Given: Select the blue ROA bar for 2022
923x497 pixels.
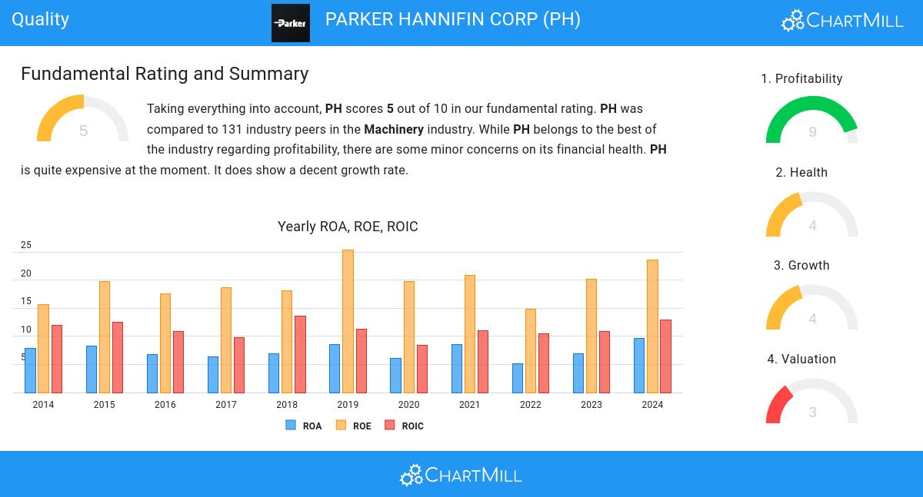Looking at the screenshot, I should pos(518,378).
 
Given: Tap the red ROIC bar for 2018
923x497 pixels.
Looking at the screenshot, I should pos(300,354).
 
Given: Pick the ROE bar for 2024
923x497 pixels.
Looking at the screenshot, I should pos(652,326).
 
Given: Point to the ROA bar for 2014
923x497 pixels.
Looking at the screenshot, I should pos(30,370).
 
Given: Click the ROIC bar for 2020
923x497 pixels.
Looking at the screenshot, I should pos(422,369).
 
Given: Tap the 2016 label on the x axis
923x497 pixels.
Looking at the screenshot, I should pos(165,405).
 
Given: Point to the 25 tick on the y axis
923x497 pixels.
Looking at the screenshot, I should pos(26,246).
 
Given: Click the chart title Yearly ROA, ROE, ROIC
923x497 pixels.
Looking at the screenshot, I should pos(348,227).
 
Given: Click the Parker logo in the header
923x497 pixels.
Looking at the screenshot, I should pos(291,23).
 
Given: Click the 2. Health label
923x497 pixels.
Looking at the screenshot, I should pos(801,173).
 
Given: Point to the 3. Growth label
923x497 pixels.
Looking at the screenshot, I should pos(801,266).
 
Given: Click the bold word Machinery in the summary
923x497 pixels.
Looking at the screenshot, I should pos(394,129).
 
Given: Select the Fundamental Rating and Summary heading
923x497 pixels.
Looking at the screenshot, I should pos(165,74).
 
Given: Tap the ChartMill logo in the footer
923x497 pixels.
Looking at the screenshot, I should pos(461,475).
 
